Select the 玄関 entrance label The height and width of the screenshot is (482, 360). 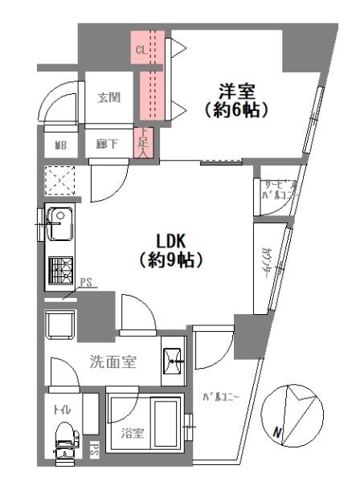click(109, 98)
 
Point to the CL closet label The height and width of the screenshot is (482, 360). click(141, 49)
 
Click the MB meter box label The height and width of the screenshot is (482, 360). click(61, 145)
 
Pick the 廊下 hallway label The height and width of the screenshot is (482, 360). click(108, 145)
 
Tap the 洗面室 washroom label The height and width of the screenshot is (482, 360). click(112, 362)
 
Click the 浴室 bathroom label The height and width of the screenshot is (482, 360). click(133, 434)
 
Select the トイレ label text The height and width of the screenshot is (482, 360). click(62, 409)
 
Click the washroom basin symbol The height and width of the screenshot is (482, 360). click(173, 362)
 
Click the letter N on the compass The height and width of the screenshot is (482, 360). click(277, 435)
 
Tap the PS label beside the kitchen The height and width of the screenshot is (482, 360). click(88, 282)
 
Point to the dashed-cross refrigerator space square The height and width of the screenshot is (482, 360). click(59, 180)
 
